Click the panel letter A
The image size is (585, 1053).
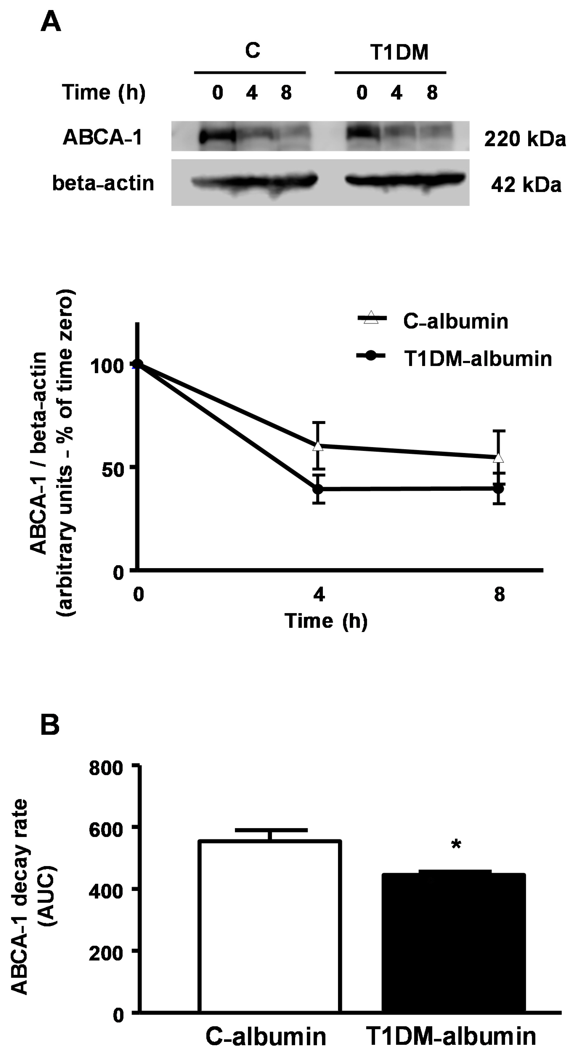(51, 22)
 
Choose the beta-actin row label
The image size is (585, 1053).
(103, 183)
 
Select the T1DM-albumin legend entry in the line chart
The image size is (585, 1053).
(478, 358)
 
